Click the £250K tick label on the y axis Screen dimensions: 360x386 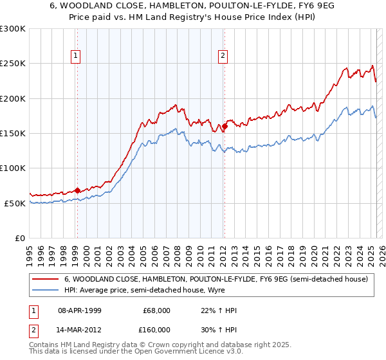tap(13, 64)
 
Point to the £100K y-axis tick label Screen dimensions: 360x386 tap(13, 168)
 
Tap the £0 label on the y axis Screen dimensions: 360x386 tap(19, 238)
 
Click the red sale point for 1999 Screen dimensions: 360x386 tap(77, 190)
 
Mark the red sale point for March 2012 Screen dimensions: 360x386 tap(225, 126)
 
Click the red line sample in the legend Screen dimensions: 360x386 tap(46, 279)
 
